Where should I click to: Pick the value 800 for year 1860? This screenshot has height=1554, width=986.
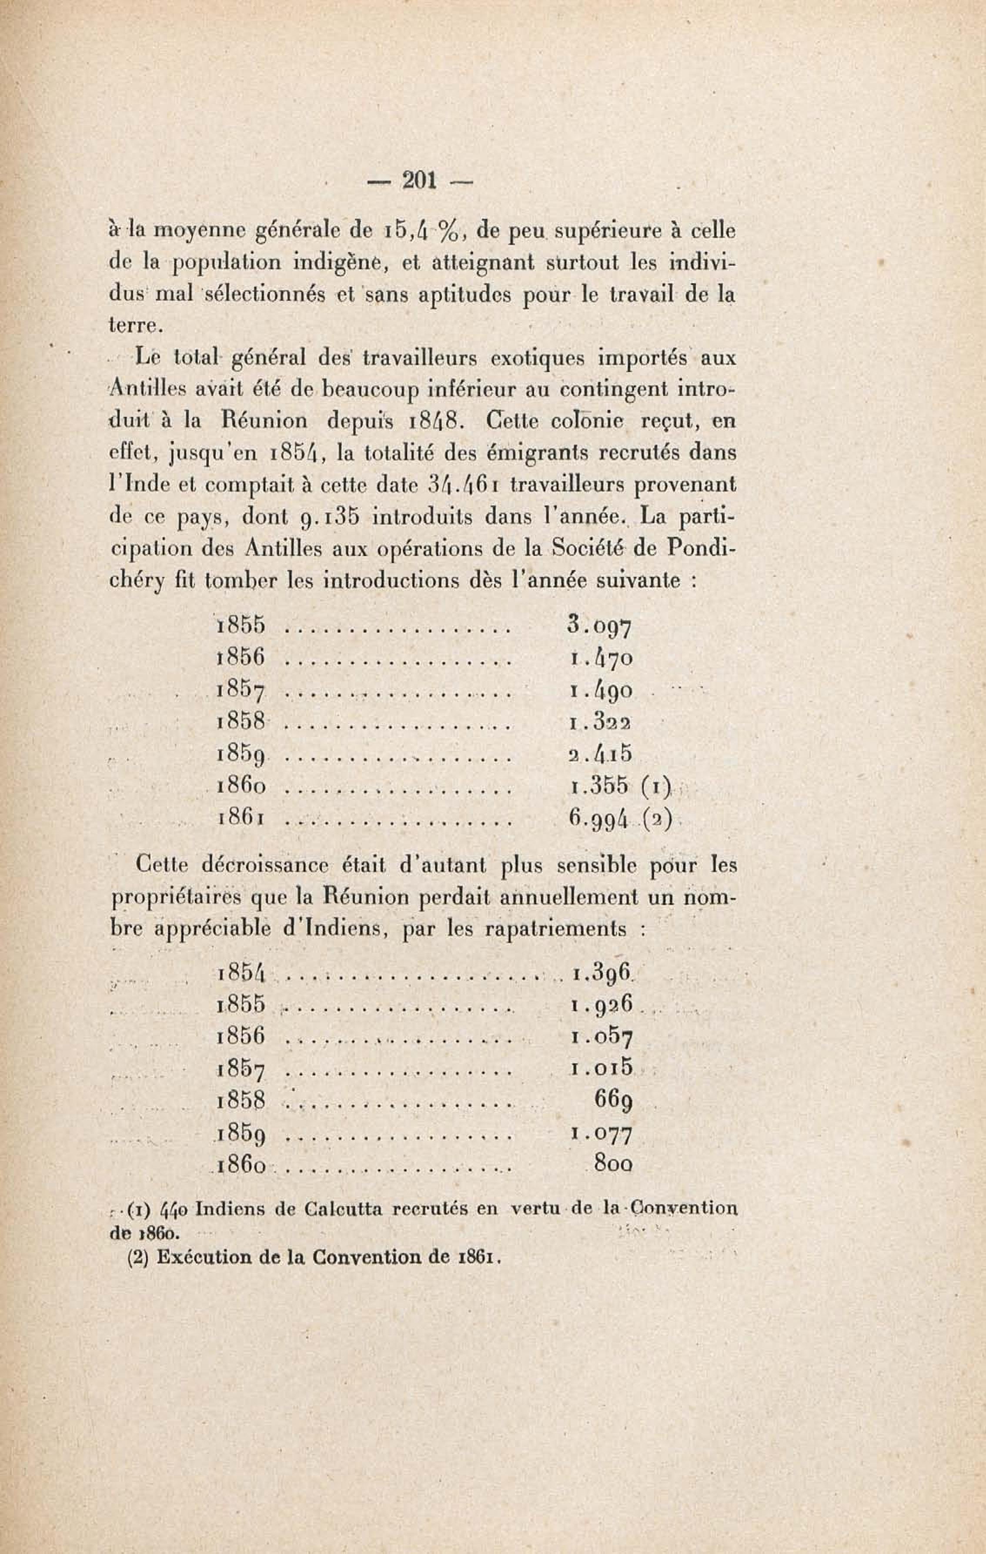click(612, 1165)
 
